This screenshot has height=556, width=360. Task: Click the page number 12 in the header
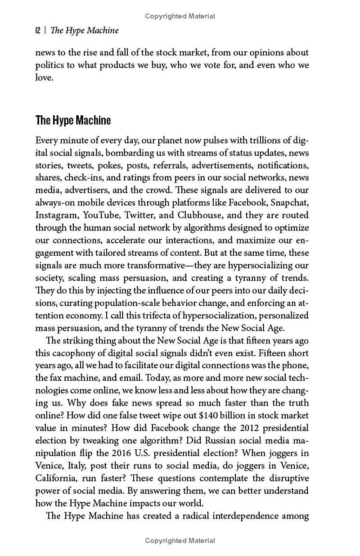click(x=38, y=31)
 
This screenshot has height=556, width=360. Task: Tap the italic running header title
click(x=85, y=31)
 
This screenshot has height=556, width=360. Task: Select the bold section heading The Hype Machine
click(x=73, y=121)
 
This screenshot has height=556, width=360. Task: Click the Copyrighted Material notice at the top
click(x=180, y=16)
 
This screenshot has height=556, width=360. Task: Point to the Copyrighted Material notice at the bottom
click(x=180, y=540)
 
